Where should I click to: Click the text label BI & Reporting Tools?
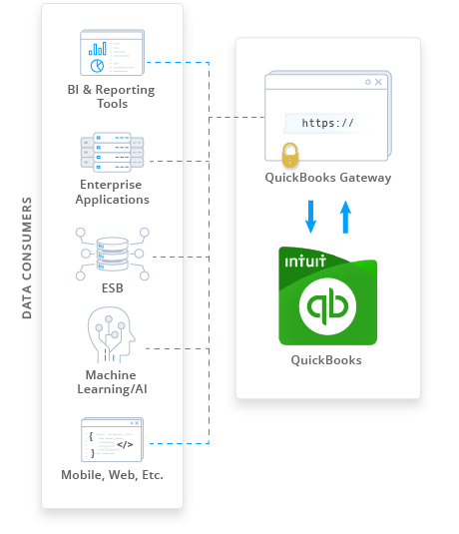tap(112, 97)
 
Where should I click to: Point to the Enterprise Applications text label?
tap(112, 193)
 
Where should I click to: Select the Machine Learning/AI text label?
tap(112, 381)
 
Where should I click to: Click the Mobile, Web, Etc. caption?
tap(112, 475)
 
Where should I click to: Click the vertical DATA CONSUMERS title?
tap(27, 260)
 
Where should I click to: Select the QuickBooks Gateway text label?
tap(327, 179)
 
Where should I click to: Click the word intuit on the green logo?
tap(303, 265)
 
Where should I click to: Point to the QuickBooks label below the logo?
tap(326, 360)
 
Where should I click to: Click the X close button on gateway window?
tap(377, 82)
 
